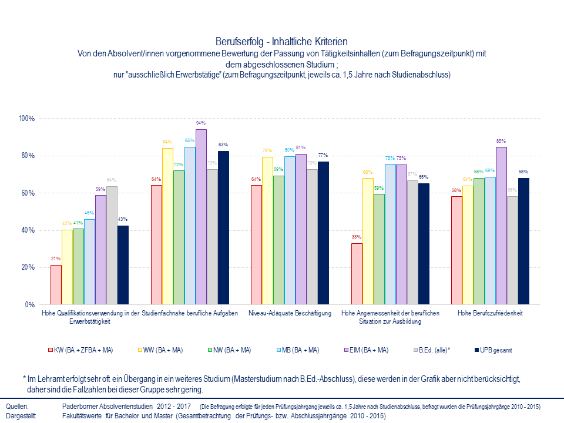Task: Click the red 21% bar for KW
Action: coord(56,285)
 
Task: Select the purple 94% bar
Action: coord(201,217)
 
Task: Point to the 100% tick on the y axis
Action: coord(27,119)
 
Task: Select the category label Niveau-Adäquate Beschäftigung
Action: coord(290,313)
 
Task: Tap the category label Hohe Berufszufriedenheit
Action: coord(490,313)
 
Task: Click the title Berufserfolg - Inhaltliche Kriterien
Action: coord(282,42)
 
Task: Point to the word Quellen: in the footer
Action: coord(17,407)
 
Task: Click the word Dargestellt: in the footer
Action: coord(21,415)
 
